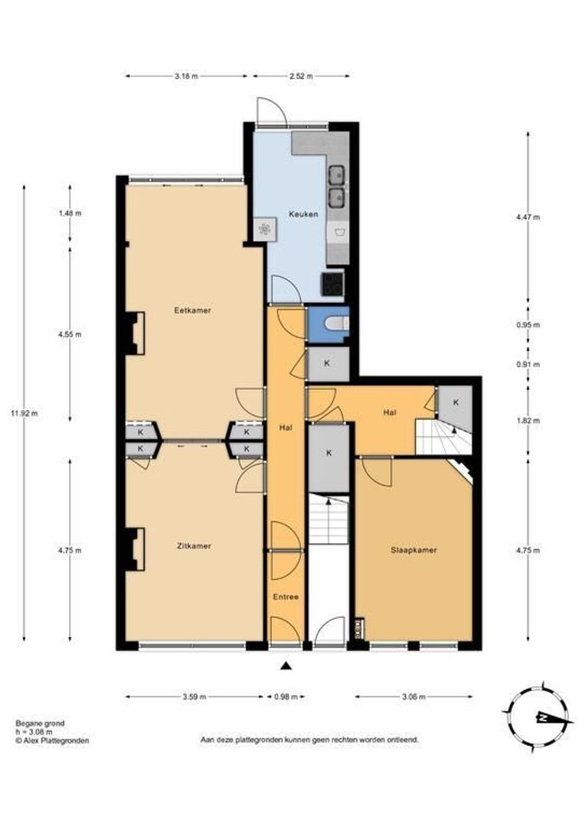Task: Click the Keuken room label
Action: click(x=303, y=214)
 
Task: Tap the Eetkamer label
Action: click(x=192, y=311)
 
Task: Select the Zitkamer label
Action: click(x=194, y=546)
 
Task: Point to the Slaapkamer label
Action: click(x=413, y=550)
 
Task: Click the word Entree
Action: click(x=286, y=597)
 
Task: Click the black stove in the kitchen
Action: click(x=333, y=284)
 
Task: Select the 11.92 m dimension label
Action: click(x=25, y=413)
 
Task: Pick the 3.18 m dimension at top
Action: click(x=187, y=76)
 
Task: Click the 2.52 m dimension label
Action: click(x=301, y=76)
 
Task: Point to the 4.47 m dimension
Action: click(x=528, y=217)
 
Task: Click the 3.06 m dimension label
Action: click(x=413, y=697)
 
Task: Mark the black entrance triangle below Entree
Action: click(x=286, y=666)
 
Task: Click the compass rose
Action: click(x=538, y=717)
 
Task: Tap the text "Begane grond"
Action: click(x=40, y=724)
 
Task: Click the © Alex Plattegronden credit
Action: click(x=52, y=740)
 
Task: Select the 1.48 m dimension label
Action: click(x=70, y=213)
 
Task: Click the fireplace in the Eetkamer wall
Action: click(x=135, y=333)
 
